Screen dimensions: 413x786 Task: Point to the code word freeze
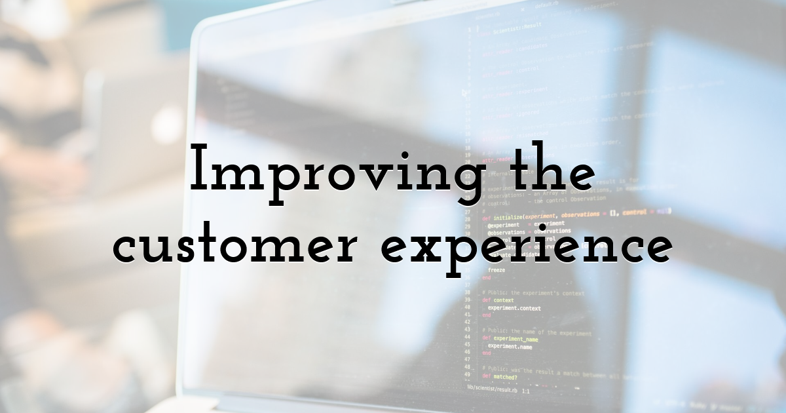pyautogui.click(x=496, y=270)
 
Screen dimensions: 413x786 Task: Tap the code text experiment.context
pyautogui.click(x=514, y=308)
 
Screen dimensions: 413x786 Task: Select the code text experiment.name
pyautogui.click(x=510, y=347)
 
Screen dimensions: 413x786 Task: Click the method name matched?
pyautogui.click(x=504, y=377)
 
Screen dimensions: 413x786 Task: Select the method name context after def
pyautogui.click(x=504, y=300)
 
